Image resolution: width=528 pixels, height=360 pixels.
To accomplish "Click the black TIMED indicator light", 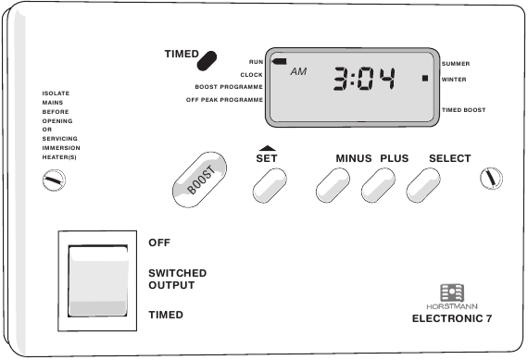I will click(x=208, y=60).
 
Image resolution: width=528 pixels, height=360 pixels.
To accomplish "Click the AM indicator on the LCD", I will click(x=298, y=71).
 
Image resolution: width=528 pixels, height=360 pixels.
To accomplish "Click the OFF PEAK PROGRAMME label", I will click(x=224, y=99).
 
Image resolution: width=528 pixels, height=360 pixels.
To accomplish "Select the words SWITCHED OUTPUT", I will click(x=177, y=279).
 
